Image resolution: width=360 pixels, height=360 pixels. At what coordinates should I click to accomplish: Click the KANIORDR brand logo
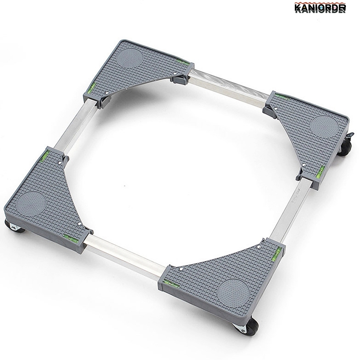click(x=320, y=8)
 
